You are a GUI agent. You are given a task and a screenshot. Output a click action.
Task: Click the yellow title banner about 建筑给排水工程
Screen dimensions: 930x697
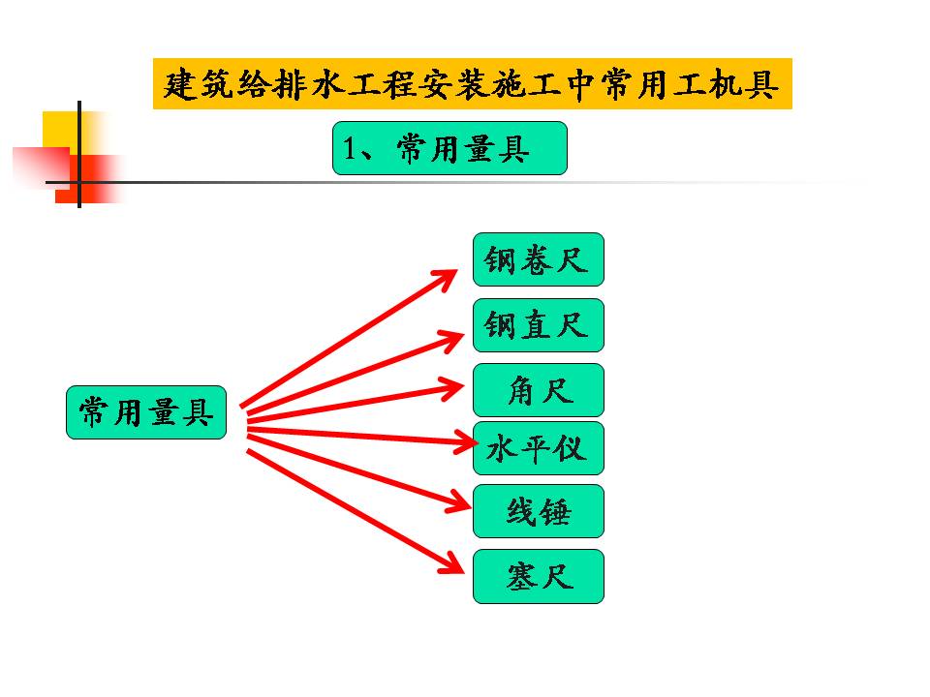[x=472, y=83]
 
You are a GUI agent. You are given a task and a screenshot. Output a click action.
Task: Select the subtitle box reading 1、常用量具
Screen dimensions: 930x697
[x=449, y=148]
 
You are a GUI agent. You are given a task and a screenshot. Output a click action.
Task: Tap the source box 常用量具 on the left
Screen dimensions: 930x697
[x=146, y=412]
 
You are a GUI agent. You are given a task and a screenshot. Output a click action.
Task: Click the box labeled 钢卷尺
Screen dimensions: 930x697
[x=538, y=259]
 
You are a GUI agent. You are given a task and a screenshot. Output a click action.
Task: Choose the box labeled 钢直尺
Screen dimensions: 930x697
[x=538, y=325]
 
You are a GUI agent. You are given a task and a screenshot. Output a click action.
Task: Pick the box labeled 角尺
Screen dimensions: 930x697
[x=538, y=390]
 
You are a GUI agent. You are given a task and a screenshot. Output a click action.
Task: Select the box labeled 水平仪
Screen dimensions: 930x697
[x=538, y=448]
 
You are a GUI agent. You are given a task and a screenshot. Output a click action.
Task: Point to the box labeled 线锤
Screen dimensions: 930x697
[x=538, y=511]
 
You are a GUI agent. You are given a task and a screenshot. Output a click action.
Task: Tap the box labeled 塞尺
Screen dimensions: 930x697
[x=538, y=577]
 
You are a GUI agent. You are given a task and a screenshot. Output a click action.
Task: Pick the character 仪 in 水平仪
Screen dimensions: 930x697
[x=572, y=449]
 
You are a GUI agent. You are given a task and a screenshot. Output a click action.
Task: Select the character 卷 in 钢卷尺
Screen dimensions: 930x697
[x=537, y=260]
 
